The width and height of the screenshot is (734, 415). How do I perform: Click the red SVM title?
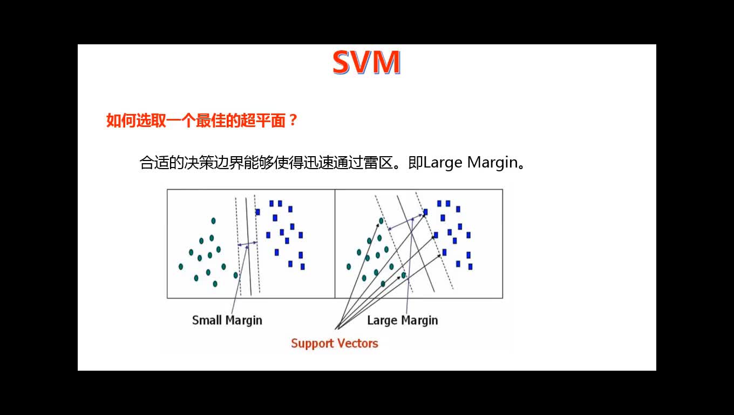[x=366, y=62]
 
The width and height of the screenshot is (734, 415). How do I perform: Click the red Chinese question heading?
[x=201, y=121]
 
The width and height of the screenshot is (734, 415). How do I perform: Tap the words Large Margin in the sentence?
[x=470, y=163]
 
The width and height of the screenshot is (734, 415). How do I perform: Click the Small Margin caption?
[x=227, y=320]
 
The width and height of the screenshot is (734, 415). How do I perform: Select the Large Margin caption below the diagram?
[x=403, y=320]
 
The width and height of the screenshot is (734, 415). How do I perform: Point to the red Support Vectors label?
[x=335, y=343]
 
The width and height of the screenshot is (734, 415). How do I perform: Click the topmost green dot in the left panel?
[x=213, y=221]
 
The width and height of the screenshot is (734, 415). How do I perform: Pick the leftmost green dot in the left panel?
[x=181, y=267]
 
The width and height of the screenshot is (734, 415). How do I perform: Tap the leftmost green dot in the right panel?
[x=349, y=267]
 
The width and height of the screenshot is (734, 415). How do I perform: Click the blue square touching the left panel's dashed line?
[x=258, y=212]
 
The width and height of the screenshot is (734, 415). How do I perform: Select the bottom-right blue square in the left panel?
[x=302, y=267]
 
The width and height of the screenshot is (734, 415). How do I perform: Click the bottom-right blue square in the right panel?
[x=470, y=267]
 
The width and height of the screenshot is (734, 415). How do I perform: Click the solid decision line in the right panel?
[x=416, y=243]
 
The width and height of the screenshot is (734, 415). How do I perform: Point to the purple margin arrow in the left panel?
[x=247, y=244]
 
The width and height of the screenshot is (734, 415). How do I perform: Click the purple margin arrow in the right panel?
[x=405, y=222]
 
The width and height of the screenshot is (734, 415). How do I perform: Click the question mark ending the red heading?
[x=293, y=121]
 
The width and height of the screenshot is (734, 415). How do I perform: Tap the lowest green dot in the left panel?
[x=215, y=284]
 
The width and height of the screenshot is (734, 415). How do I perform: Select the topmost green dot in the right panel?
[x=381, y=221]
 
